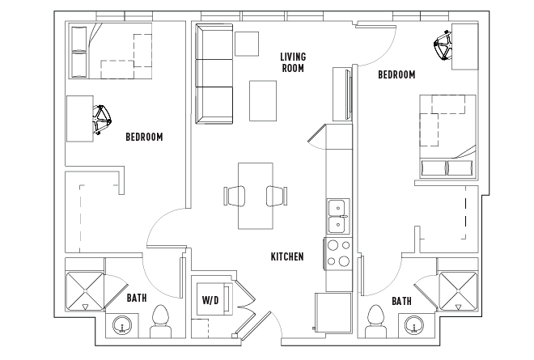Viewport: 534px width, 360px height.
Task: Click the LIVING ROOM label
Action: click(x=293, y=62)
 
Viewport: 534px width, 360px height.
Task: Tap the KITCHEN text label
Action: click(x=287, y=256)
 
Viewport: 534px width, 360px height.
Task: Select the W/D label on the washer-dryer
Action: click(x=210, y=300)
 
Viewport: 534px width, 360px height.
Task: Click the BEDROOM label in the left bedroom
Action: click(x=144, y=137)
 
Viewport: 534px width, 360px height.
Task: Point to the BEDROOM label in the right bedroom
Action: click(x=396, y=74)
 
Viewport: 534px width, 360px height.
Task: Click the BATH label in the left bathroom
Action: click(x=137, y=298)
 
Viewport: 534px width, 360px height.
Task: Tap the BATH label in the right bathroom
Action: click(x=401, y=301)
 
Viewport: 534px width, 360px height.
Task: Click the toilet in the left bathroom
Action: click(x=161, y=321)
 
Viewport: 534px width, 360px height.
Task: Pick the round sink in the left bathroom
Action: click(x=122, y=325)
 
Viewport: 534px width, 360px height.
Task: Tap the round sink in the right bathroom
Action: click(x=414, y=325)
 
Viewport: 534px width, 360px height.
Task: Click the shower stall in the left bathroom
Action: click(x=84, y=291)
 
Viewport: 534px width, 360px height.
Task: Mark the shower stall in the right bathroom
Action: click(x=458, y=291)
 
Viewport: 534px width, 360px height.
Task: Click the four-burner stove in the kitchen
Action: click(x=338, y=253)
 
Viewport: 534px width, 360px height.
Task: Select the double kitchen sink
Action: click(x=338, y=217)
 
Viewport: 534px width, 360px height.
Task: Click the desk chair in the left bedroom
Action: click(x=101, y=119)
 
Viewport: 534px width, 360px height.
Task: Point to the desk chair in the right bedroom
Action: click(x=443, y=45)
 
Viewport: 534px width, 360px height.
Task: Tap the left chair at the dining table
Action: click(x=235, y=196)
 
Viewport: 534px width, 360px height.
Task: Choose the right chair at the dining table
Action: click(x=277, y=196)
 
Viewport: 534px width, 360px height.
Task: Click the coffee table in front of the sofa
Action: click(x=263, y=100)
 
